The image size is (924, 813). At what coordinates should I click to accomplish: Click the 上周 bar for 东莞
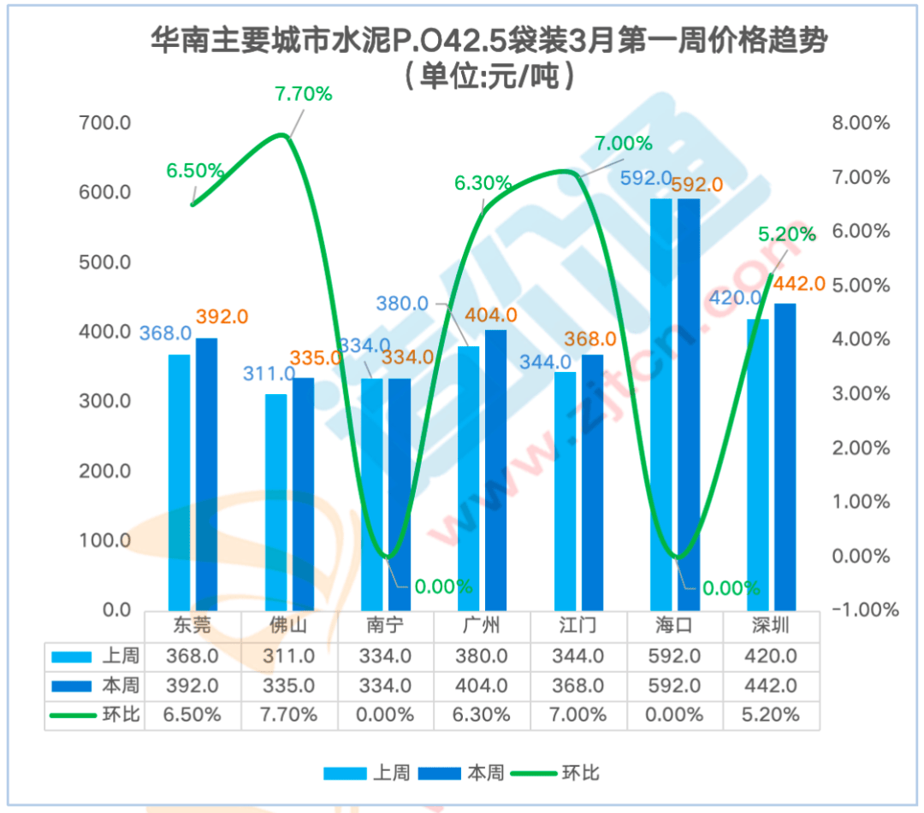tap(179, 482)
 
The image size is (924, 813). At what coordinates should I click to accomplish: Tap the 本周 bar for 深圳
tap(785, 457)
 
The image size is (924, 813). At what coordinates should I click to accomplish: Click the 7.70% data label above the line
tap(303, 94)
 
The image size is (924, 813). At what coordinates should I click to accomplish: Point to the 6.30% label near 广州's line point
tap(483, 183)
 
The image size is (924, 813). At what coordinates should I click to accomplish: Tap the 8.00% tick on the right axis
tap(861, 123)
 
